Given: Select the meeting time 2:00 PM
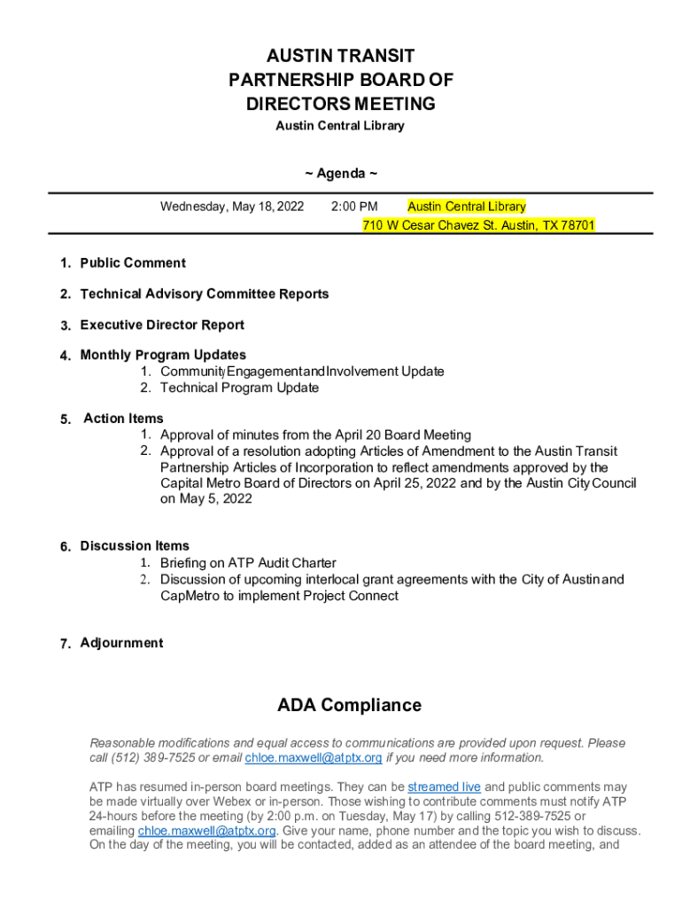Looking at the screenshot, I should [354, 207].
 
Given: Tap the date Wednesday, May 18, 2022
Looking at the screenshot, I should [231, 207].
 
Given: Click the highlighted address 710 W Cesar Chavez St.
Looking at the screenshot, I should [478, 225].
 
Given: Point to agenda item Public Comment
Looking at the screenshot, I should [133, 262].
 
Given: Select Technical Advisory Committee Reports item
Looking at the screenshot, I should [205, 294].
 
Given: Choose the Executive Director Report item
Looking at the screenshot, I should [162, 325].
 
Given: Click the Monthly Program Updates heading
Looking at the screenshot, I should [163, 355].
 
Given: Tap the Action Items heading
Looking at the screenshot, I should [123, 418].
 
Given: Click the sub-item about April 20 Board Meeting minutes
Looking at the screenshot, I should [315, 434].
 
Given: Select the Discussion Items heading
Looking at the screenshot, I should [135, 545].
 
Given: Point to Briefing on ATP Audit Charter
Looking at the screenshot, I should [248, 563].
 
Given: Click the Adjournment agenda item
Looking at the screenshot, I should [121, 643].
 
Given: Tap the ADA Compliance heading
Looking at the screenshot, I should [349, 706].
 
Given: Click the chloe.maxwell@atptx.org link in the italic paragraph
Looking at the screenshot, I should [314, 758].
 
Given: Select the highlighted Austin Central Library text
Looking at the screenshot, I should [466, 207].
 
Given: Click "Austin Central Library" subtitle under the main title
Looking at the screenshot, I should [340, 126].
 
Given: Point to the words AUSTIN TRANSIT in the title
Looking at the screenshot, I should [340, 56].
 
